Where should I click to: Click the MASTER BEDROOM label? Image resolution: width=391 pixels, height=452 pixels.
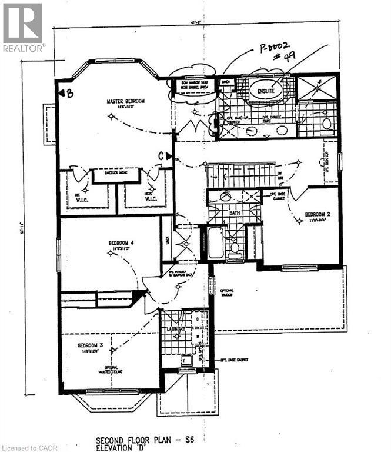[125, 101]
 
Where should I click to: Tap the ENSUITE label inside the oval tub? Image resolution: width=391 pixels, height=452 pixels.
[265, 91]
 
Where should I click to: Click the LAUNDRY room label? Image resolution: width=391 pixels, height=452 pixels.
[175, 328]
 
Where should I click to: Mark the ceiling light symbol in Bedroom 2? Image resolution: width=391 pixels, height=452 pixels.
[299, 221]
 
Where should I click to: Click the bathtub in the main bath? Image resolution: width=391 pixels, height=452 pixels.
[216, 242]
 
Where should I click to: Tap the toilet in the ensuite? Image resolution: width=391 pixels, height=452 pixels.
[326, 124]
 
